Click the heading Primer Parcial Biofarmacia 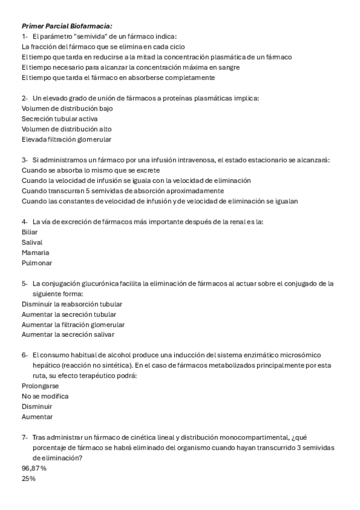(x=67, y=26)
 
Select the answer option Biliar (x=29, y=232)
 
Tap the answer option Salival (x=32, y=242)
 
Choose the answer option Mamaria (x=35, y=253)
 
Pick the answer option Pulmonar (x=37, y=263)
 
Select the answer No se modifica (x=45, y=396)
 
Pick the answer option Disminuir (x=37, y=407)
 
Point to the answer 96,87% (x=34, y=468)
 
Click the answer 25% (x=28, y=479)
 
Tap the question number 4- (x=25, y=221)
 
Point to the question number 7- (x=25, y=438)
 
